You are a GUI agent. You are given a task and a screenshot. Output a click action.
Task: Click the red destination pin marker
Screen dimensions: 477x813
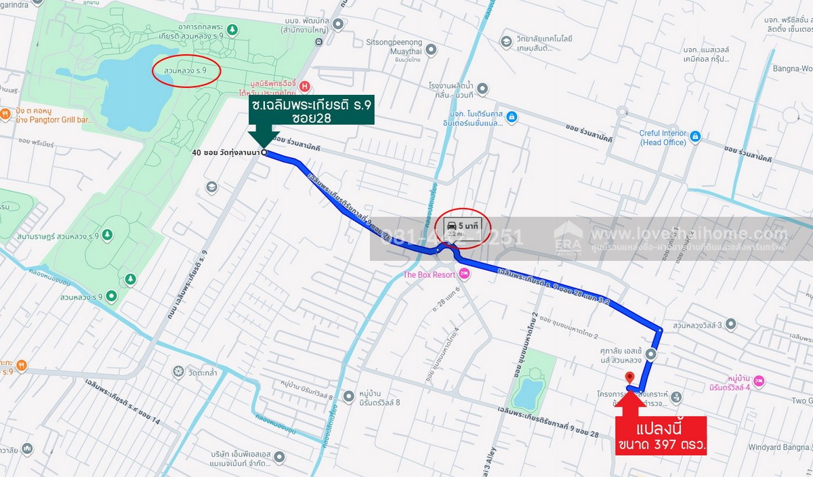629,377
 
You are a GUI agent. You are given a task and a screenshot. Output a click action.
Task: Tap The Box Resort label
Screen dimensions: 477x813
430,274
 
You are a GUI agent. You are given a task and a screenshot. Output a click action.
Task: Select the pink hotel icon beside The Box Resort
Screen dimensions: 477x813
464,274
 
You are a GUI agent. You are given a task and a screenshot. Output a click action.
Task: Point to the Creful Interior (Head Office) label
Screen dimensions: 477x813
662,138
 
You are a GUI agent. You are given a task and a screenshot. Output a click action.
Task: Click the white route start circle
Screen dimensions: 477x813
264,152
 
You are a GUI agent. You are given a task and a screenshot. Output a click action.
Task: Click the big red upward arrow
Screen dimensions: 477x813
630,403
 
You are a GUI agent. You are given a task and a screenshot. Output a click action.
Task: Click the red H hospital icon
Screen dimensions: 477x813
305,86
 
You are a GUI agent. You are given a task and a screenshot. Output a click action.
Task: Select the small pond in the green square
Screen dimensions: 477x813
528,391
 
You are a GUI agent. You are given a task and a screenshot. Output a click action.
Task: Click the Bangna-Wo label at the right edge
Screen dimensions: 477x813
793,68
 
